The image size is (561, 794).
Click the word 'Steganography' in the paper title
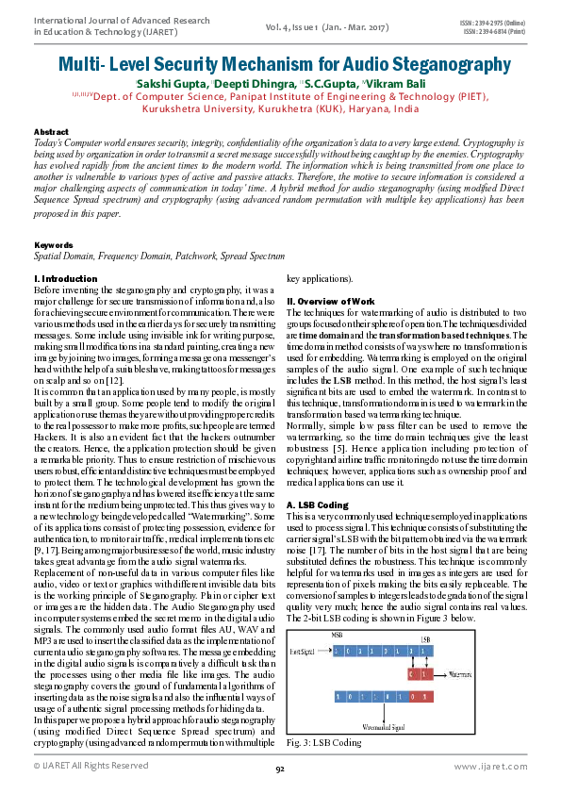coord(428,65)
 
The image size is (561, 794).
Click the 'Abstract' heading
coord(51,131)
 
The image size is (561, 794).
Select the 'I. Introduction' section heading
coord(66,279)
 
